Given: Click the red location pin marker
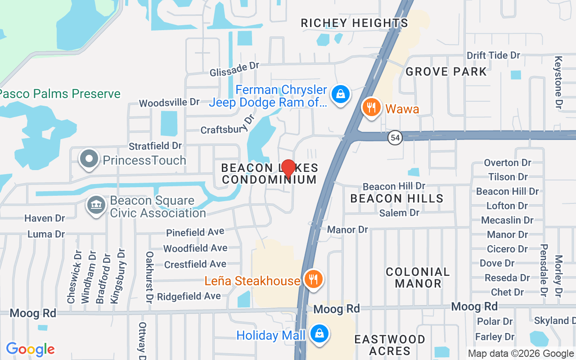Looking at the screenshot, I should tap(288, 168).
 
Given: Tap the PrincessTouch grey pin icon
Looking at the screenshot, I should tap(89, 159).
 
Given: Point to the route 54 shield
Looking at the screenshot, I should tap(395, 138).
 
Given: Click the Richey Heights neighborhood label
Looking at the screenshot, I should tap(354, 23).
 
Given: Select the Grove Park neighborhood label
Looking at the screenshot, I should tap(446, 72).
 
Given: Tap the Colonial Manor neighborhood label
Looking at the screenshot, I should tap(418, 278).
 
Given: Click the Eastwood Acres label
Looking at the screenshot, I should tap(390, 345).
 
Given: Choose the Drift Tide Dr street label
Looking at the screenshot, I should tap(493, 55).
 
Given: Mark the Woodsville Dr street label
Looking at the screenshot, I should tap(169, 103).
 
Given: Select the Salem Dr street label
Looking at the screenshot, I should tap(399, 213).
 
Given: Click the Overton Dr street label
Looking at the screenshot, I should tap(507, 162).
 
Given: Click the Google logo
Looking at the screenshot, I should tap(31, 349).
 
